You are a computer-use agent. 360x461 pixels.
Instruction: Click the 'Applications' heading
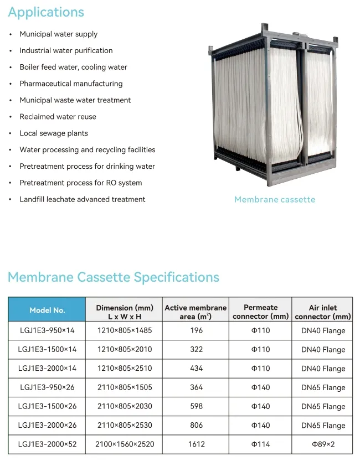click(46, 12)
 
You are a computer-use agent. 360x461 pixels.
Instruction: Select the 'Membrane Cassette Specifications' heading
click(114, 277)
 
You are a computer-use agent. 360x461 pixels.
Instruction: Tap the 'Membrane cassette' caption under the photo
click(275, 199)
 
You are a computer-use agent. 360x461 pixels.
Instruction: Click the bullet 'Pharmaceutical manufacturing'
click(71, 84)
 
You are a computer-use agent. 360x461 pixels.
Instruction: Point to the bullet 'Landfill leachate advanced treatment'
click(83, 199)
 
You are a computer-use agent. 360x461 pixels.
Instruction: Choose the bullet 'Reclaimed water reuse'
click(58, 117)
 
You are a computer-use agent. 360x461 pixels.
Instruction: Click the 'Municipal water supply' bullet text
click(58, 34)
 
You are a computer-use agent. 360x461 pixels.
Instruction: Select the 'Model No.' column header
click(47, 310)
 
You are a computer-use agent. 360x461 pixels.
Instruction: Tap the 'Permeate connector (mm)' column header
click(261, 312)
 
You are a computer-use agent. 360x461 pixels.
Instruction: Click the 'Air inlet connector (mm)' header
click(323, 312)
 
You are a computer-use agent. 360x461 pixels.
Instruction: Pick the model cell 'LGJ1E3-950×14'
click(47, 330)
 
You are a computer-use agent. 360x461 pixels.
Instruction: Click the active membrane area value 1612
click(196, 444)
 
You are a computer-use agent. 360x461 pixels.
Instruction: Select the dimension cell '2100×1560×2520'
click(125, 444)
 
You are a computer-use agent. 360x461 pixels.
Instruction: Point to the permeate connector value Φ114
click(261, 444)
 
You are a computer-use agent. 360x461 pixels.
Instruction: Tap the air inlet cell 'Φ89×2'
click(323, 444)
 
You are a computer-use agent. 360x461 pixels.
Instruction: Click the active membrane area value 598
click(196, 406)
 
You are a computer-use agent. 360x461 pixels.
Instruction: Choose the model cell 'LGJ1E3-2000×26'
click(47, 425)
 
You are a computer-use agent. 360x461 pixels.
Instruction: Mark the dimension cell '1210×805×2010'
click(125, 349)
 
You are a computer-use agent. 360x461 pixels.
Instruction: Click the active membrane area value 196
click(196, 330)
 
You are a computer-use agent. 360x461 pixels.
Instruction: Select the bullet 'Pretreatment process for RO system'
click(80, 183)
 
